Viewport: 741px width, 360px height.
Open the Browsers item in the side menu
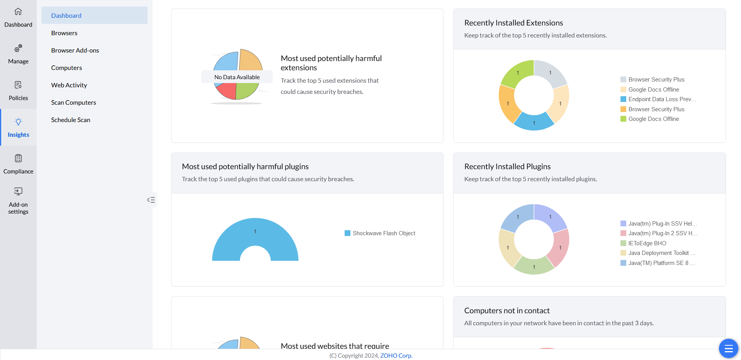[64, 33]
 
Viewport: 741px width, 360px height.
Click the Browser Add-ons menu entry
[75, 50]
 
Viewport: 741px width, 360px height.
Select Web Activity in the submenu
[69, 85]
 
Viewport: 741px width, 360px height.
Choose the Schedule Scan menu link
[71, 120]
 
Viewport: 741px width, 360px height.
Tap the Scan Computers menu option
[73, 102]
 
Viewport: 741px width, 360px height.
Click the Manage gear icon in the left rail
[18, 48]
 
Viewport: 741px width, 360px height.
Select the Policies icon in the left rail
[18, 85]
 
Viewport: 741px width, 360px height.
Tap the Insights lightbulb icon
[18, 122]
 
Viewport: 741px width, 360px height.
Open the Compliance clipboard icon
[18, 158]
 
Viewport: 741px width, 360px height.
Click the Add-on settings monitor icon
[18, 191]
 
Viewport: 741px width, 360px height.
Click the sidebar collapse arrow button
[151, 200]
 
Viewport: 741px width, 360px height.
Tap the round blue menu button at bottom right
[728, 348]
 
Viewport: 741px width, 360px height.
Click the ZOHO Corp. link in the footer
[396, 355]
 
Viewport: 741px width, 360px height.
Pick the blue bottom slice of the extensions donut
[534, 122]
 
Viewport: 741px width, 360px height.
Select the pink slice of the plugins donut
[559, 247]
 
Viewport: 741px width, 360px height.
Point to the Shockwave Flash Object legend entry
[384, 233]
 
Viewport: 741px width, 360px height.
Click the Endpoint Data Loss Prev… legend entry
[662, 99]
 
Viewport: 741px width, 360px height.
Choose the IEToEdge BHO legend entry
[647, 243]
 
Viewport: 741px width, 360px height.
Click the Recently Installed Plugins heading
[507, 166]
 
